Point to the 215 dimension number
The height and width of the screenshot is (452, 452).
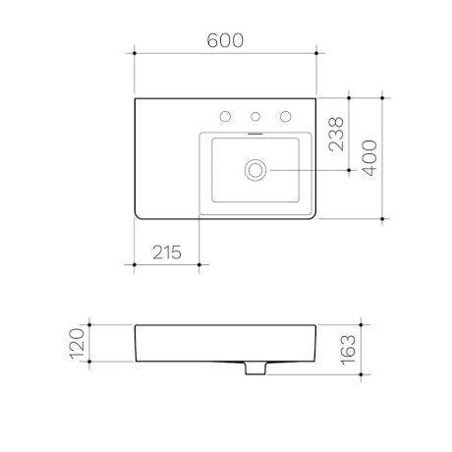166,253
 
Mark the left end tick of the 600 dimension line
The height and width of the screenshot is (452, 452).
134,52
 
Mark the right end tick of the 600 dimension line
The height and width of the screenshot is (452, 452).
314,52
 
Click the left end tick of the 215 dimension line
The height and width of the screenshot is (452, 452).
134,263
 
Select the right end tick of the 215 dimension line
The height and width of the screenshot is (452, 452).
198,263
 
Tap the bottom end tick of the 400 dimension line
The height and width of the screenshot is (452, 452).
380,217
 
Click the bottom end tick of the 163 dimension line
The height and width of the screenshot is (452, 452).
365,376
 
